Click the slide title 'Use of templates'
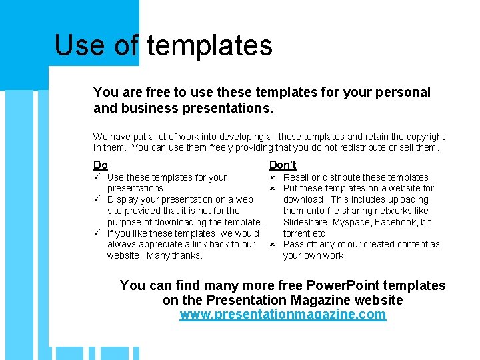tap(163, 45)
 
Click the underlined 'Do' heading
tap(101, 165)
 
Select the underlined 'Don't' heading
tap(283, 165)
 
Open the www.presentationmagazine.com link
tap(283, 315)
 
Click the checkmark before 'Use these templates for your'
tap(97, 177)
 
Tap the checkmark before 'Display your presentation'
tap(97, 199)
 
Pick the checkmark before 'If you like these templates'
tap(97, 233)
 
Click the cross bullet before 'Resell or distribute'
tap(273, 177)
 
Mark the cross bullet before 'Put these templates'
tap(273, 189)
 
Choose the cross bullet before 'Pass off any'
tap(273, 245)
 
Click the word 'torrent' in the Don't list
tap(298, 233)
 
